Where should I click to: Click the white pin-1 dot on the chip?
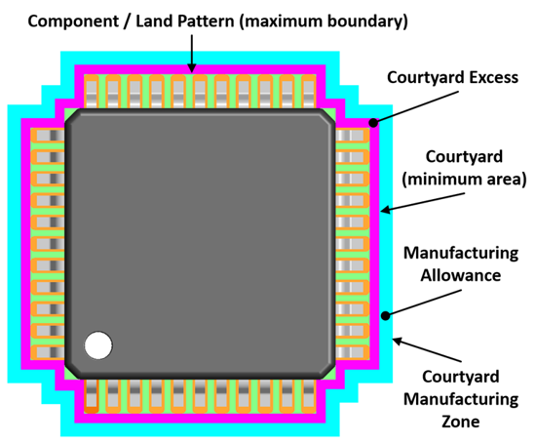tap(98, 345)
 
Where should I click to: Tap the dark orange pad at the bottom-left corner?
tap(92, 410)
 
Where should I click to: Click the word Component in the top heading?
tap(73, 21)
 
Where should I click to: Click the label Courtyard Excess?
tap(452, 77)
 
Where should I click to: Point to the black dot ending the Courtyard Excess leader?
tap(373, 123)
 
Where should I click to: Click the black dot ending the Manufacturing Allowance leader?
tap(385, 315)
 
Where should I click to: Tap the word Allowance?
tap(460, 275)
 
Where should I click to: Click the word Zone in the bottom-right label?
tap(460, 422)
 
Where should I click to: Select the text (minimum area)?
tap(464, 179)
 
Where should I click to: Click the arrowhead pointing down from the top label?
tap(192, 67)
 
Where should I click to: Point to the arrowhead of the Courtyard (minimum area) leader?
tap(386, 209)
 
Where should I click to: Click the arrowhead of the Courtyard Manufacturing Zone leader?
tap(398, 341)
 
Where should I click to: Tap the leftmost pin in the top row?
tap(92, 92)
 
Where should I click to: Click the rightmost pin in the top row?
tap(309, 92)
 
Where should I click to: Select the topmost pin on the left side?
tap(48, 136)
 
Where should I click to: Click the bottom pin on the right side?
tap(353, 352)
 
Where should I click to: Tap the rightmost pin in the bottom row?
tap(309, 396)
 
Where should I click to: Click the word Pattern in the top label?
tap(206, 21)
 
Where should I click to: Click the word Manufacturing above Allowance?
tap(461, 254)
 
